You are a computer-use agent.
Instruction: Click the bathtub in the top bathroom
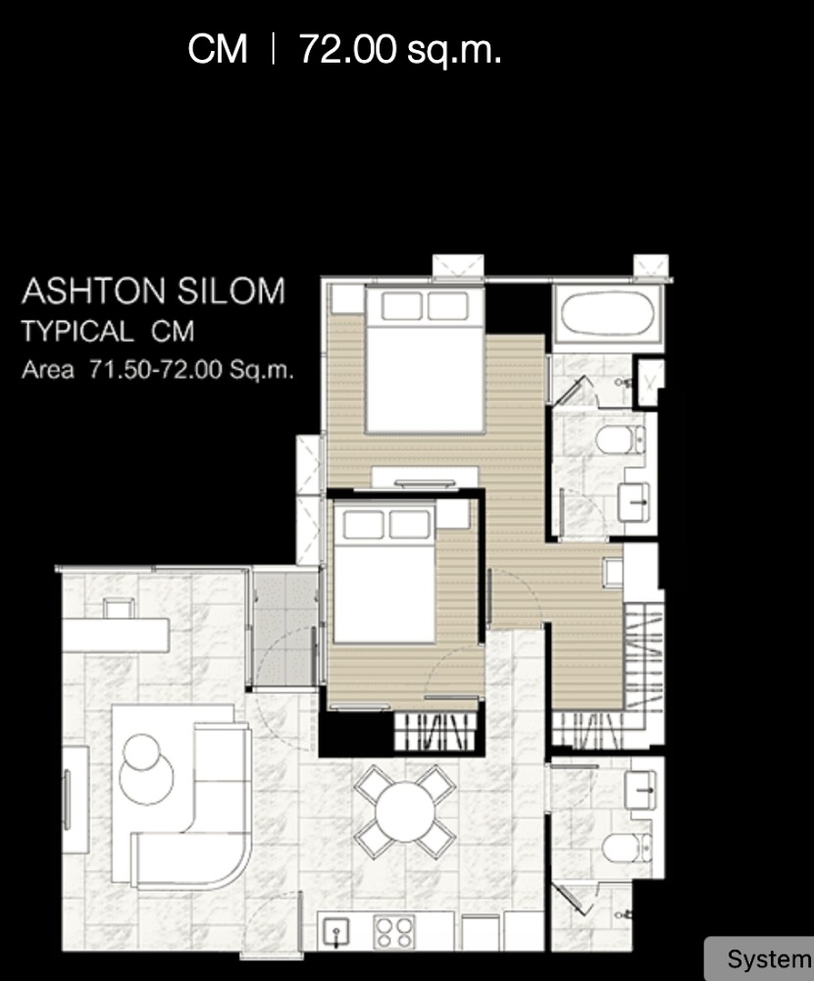coord(607,314)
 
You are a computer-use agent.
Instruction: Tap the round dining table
coord(405,811)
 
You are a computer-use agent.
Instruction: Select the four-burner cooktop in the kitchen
coord(394,932)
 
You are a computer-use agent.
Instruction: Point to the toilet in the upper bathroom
coord(620,439)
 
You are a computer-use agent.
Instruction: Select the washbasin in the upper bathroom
coord(634,501)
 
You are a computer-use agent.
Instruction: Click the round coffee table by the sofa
coord(146,769)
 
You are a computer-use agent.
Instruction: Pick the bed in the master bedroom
coord(425,360)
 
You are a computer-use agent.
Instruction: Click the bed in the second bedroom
coord(384,573)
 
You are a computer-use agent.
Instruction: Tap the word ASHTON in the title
coord(94,291)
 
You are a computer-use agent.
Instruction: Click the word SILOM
coord(230,291)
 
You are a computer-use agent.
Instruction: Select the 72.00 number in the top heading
coord(348,49)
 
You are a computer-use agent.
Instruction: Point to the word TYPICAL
coord(77,331)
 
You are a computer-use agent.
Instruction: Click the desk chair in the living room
coord(119,607)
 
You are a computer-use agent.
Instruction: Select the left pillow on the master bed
coord(401,306)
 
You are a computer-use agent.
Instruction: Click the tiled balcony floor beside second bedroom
coord(284,629)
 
